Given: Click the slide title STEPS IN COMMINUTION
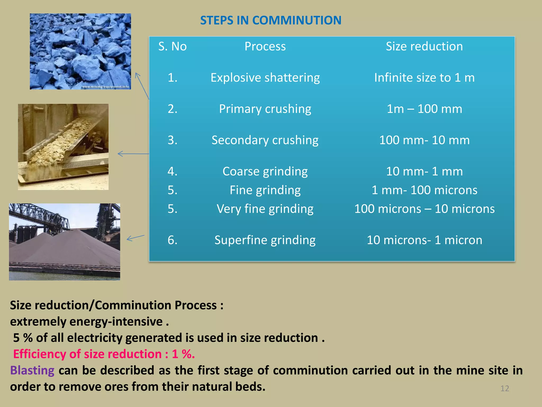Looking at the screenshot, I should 270,20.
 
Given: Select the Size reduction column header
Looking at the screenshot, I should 424,46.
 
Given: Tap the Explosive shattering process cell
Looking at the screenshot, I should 265,78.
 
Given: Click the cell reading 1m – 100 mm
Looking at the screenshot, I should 424,109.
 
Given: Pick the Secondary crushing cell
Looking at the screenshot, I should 265,140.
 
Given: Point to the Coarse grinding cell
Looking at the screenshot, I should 265,171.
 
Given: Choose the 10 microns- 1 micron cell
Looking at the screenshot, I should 424,240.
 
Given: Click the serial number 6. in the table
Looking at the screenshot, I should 172,240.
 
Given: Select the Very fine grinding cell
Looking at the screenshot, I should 265,209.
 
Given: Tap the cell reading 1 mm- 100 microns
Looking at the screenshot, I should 424,190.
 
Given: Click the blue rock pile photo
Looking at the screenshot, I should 80,51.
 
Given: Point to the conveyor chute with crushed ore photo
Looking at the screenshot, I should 63,147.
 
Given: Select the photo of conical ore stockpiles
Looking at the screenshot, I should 64,242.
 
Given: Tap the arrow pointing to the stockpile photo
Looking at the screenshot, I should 135,238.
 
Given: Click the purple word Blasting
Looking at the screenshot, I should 32,370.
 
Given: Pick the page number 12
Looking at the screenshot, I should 504,388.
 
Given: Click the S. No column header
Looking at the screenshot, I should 172,46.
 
